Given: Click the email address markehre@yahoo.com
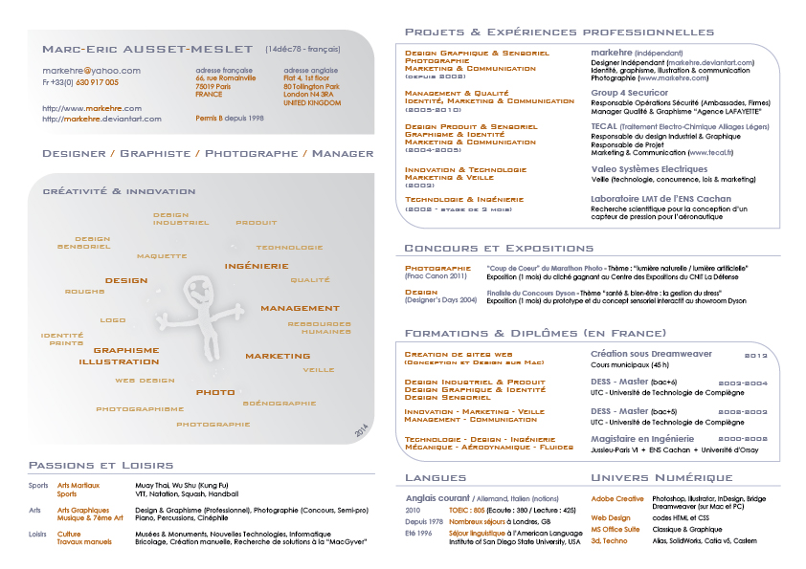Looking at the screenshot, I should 91,70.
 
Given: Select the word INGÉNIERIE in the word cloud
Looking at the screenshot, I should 256,265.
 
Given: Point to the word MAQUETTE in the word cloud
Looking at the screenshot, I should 161,256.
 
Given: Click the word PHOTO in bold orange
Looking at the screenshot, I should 215,392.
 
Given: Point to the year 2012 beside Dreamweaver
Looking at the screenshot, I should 756,355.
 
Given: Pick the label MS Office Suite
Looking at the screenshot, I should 616,529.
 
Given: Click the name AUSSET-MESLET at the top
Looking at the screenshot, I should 186,49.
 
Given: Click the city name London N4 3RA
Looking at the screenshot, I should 310,95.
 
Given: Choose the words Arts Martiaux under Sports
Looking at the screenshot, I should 78,485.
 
